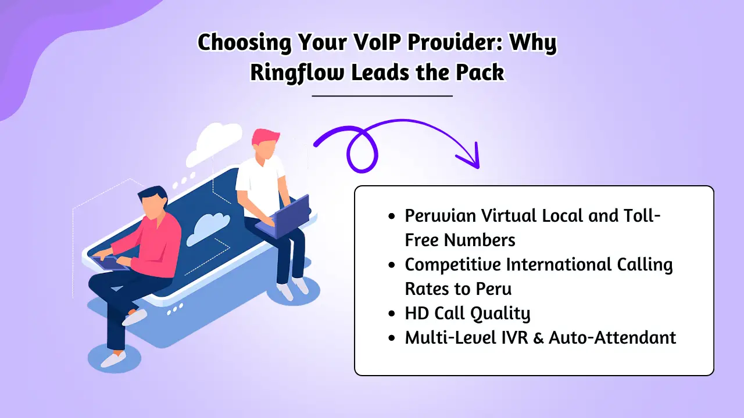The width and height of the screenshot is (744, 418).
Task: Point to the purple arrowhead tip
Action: point(478,167)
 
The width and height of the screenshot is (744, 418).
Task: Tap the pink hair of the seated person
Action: point(265,138)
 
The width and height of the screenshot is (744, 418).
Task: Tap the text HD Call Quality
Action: point(467,313)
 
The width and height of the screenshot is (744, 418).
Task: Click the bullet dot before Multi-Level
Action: point(392,338)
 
